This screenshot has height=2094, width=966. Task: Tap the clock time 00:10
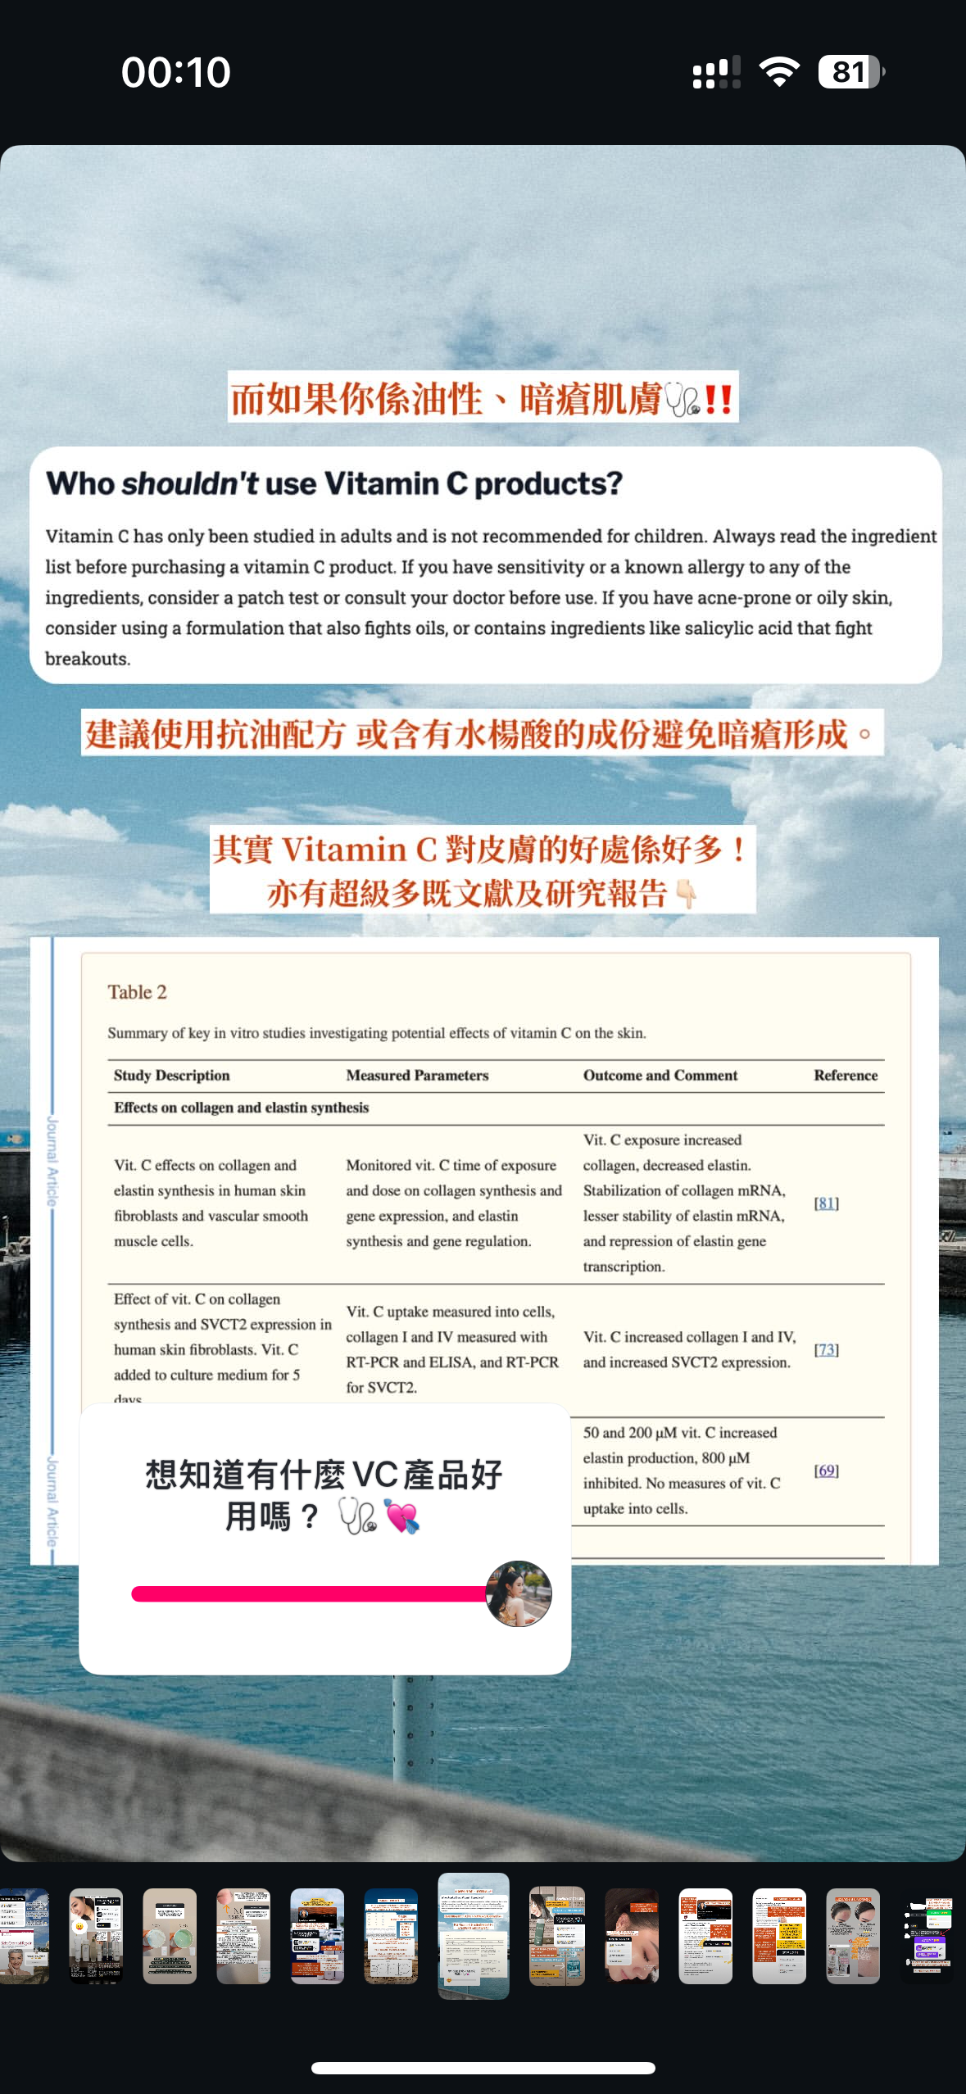click(176, 72)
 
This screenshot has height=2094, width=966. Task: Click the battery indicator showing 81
click(850, 72)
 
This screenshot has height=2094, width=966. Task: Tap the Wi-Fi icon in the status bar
click(779, 72)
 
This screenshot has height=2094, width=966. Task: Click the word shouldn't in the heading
click(190, 484)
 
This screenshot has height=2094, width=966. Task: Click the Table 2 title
click(137, 992)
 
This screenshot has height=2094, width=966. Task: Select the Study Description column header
click(171, 1076)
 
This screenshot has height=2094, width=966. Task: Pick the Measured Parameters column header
click(417, 1076)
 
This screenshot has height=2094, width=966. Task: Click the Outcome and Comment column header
click(660, 1076)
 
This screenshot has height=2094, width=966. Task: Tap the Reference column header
click(845, 1076)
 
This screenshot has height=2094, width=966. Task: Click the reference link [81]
click(826, 1203)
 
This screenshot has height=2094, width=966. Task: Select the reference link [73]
click(826, 1349)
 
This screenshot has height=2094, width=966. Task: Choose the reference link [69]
click(826, 1471)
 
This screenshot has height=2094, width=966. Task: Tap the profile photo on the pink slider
click(518, 1593)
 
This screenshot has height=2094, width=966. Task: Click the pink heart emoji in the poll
click(401, 1516)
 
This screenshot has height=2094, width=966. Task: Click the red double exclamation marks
click(718, 399)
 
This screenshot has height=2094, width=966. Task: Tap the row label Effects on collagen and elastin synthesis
click(241, 1108)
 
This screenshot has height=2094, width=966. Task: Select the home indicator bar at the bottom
click(483, 2068)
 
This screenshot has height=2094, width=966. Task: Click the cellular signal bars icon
click(716, 72)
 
